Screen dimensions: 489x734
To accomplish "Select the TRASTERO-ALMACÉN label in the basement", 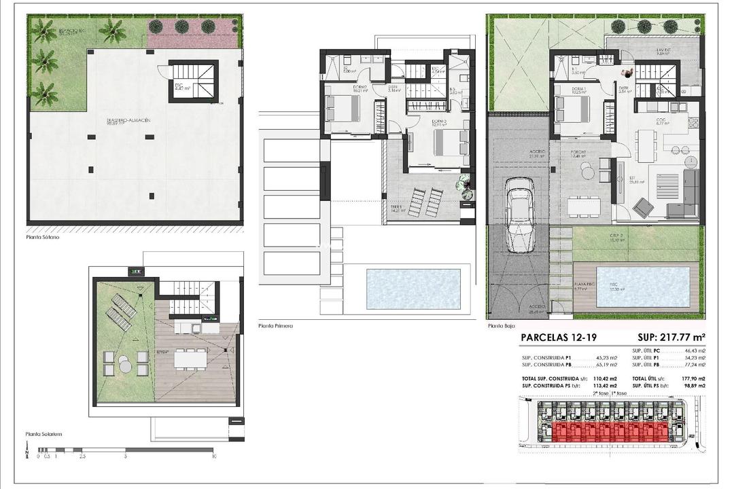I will [128, 122].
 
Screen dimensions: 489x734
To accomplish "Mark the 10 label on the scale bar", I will [214, 457].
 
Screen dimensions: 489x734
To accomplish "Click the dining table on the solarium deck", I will [190, 357].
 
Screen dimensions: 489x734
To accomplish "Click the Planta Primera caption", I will [276, 326].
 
